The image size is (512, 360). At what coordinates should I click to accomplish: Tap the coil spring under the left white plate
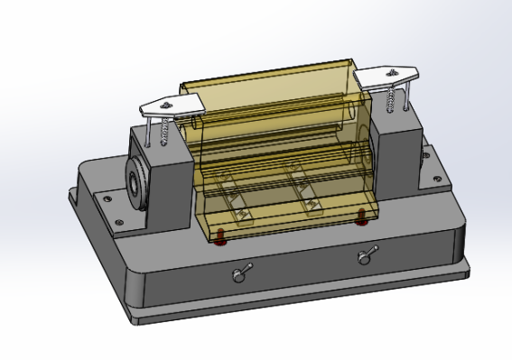165,133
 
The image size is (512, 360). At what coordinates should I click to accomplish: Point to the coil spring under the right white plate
389,100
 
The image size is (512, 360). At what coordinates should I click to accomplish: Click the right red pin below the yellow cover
361,215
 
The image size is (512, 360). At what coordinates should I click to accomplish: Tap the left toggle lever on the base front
241,272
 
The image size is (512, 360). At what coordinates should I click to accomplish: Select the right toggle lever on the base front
366,256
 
